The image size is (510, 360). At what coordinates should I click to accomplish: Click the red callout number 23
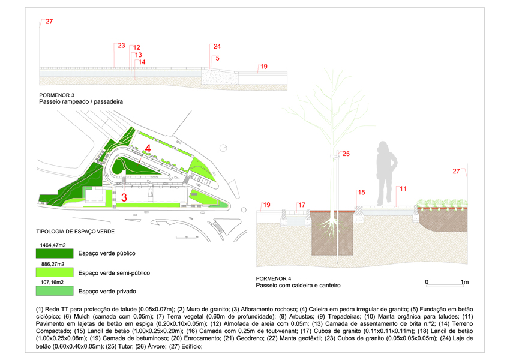click(x=121, y=46)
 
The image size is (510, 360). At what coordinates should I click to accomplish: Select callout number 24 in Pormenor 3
click(x=217, y=47)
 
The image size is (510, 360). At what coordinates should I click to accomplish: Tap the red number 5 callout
click(x=217, y=58)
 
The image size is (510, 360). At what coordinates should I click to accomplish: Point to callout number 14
click(x=142, y=62)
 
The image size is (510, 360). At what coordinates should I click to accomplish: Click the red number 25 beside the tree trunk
click(x=346, y=154)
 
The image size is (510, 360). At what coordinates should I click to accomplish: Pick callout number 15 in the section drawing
click(x=361, y=193)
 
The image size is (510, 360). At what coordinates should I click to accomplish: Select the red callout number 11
click(x=403, y=188)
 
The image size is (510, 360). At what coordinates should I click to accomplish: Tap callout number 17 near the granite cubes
click(x=302, y=205)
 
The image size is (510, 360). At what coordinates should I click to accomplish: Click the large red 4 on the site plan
click(x=148, y=148)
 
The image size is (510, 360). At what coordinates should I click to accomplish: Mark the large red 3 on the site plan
click(x=124, y=197)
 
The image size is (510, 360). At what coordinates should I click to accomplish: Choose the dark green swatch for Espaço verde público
click(x=55, y=253)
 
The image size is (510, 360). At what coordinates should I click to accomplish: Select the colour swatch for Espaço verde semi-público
click(x=55, y=272)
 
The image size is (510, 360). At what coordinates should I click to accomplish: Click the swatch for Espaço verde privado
click(x=55, y=291)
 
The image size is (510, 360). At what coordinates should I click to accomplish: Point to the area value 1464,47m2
click(x=53, y=245)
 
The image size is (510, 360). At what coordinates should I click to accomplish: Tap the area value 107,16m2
click(x=52, y=282)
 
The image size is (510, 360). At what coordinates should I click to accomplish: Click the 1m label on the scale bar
click(x=464, y=282)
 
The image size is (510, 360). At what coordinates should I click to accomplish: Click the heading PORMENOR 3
click(x=56, y=95)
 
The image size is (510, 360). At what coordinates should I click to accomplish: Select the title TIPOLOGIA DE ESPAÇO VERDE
click(x=76, y=232)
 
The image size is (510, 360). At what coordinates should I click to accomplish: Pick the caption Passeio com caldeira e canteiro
click(x=298, y=285)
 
